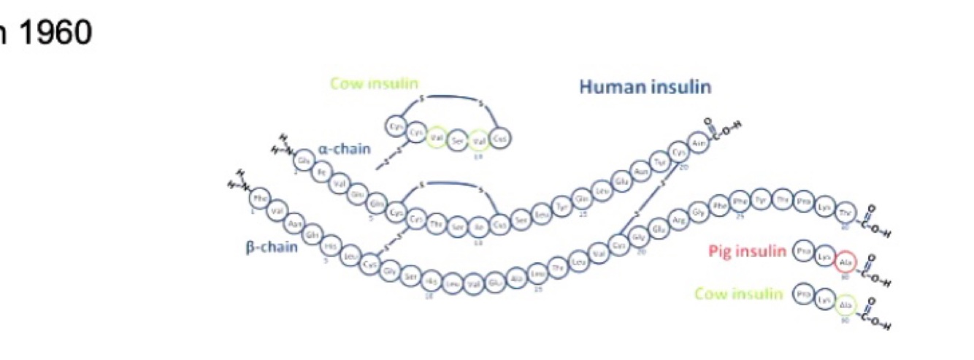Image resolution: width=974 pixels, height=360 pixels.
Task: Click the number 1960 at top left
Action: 51,33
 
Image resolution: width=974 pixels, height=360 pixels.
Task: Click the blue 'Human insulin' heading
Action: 645,88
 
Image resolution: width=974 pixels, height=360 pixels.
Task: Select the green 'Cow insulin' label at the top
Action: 375,83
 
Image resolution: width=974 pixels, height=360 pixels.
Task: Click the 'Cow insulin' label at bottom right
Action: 738,294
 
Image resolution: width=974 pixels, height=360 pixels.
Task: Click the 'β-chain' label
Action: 272,247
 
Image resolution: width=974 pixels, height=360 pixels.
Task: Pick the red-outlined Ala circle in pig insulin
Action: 845,262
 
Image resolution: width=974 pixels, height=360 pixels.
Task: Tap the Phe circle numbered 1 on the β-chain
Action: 260,198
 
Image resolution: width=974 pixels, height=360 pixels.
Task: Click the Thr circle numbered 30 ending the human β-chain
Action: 845,211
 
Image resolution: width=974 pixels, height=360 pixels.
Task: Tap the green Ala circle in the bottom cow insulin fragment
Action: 845,305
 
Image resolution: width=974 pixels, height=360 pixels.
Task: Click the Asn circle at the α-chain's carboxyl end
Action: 696,142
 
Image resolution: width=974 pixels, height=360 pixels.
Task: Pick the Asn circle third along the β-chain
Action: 295,223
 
